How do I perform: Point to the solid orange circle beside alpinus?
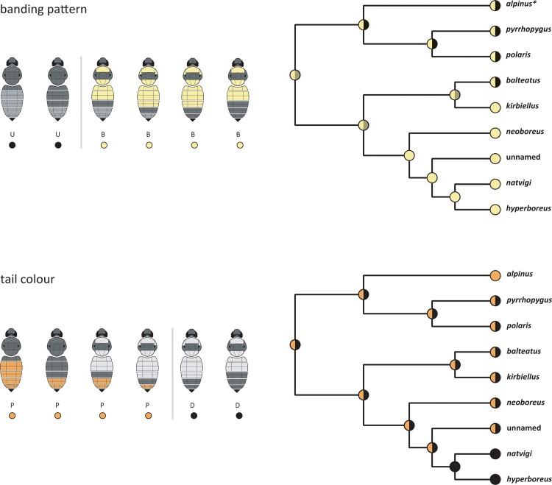click(x=495, y=275)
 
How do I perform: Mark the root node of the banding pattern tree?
click(x=294, y=75)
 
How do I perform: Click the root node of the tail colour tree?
click(x=294, y=344)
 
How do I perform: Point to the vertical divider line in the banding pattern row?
click(x=80, y=103)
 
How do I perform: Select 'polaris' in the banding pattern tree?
click(x=520, y=56)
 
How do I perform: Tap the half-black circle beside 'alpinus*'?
click(x=495, y=5)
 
